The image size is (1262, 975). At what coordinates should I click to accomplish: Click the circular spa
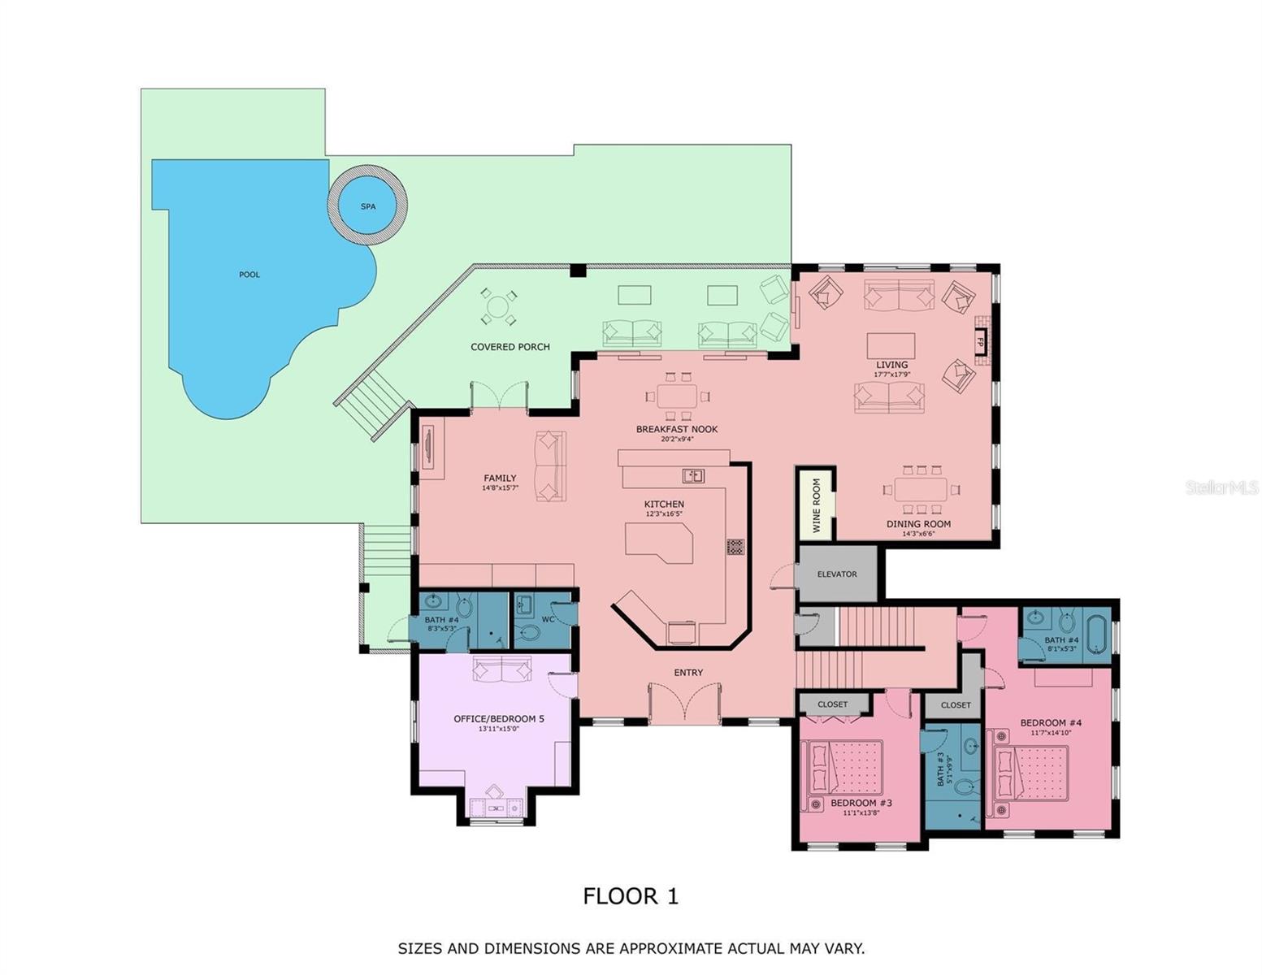(367, 206)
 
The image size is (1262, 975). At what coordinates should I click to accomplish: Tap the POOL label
(249, 275)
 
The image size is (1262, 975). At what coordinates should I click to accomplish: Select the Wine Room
(816, 504)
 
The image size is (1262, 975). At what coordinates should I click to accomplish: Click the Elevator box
(837, 574)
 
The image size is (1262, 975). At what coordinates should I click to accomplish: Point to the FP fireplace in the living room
(980, 342)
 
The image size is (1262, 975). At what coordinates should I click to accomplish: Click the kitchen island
(659, 542)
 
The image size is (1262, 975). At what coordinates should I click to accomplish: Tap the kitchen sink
(692, 476)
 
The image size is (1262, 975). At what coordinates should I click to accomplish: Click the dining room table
(920, 489)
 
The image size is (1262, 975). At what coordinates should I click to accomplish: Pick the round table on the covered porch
(497, 308)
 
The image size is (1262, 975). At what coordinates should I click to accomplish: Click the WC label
(548, 619)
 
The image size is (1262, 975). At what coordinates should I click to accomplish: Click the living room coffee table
(891, 345)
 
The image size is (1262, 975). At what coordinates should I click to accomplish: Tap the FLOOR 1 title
(631, 896)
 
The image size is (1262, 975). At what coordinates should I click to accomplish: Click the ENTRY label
(688, 672)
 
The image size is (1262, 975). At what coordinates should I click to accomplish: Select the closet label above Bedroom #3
(832, 704)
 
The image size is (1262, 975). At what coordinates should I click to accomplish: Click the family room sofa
(549, 466)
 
